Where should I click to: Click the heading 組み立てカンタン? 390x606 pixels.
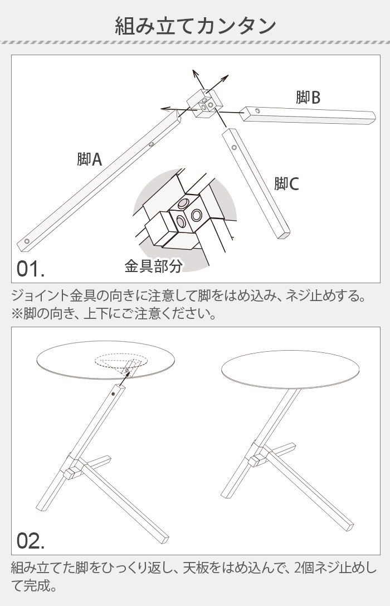(x=195, y=26)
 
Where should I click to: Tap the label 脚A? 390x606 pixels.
(x=89, y=160)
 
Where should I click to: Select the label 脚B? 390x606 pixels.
(x=308, y=98)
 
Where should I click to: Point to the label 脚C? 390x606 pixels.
(x=286, y=183)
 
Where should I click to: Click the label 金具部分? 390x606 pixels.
(x=153, y=266)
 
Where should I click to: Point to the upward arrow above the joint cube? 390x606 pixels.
(x=195, y=78)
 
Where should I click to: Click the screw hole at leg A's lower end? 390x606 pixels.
(x=26, y=241)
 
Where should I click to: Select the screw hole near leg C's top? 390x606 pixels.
(x=235, y=148)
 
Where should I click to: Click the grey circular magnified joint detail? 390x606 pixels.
(x=184, y=217)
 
